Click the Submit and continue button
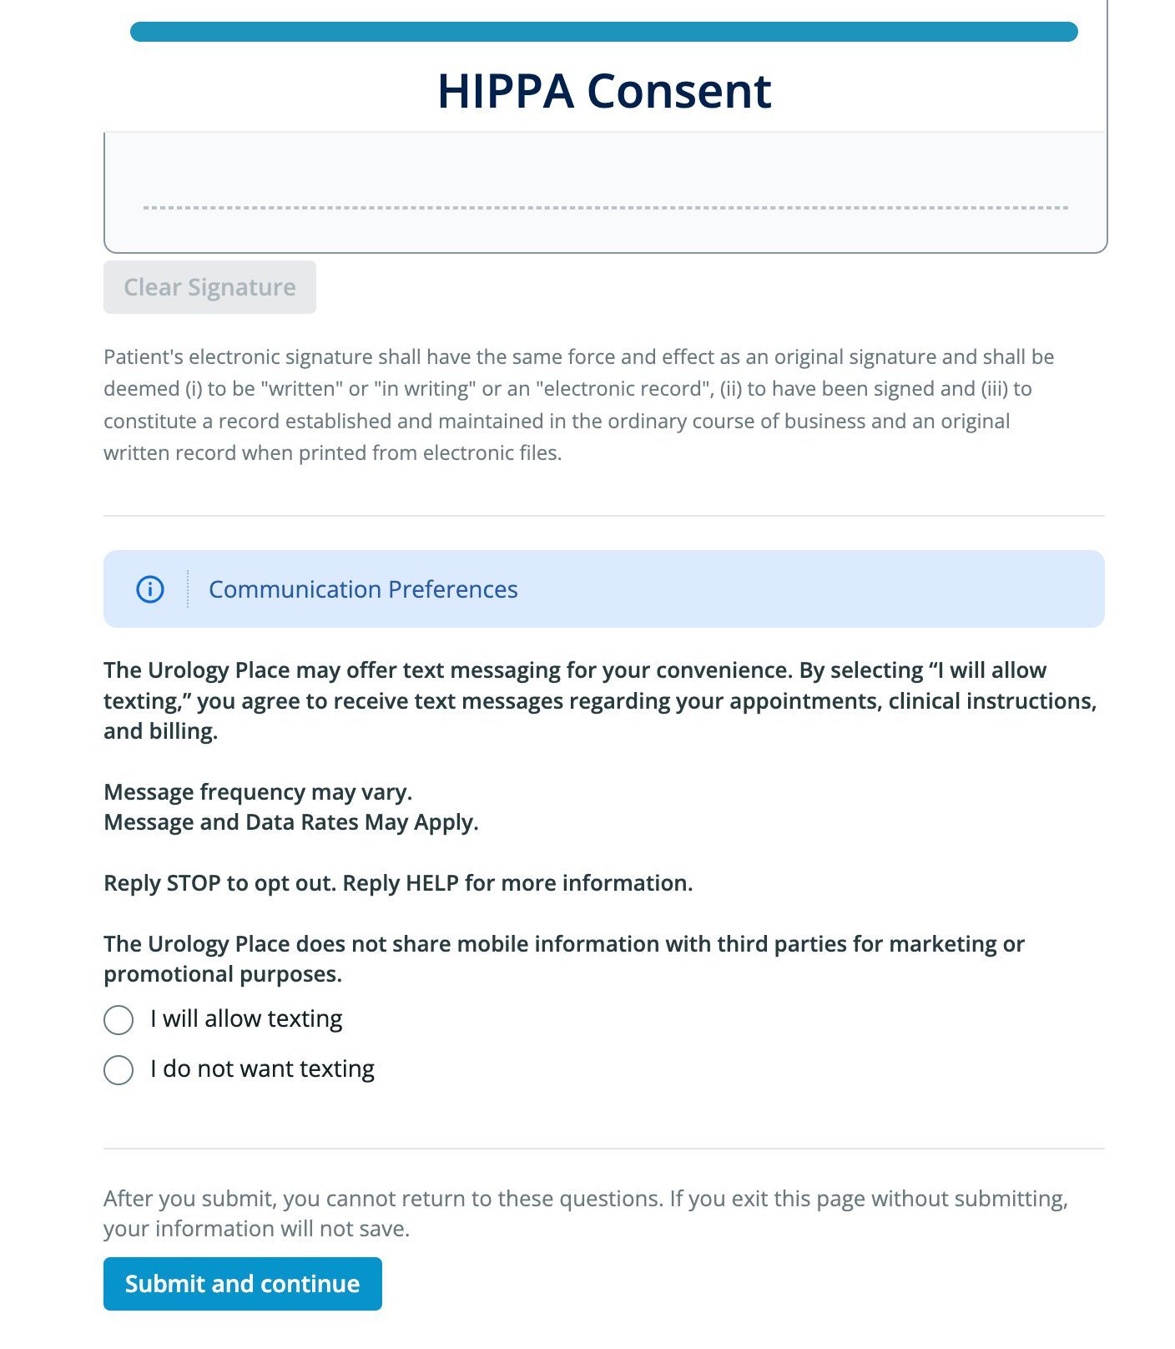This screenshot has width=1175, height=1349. point(242,1283)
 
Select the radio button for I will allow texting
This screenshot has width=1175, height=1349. point(119,1019)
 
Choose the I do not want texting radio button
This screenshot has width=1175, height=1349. point(119,1069)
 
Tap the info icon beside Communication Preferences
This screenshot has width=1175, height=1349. point(150,589)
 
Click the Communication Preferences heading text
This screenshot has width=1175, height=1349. point(363,589)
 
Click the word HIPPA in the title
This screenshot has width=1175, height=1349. point(506,91)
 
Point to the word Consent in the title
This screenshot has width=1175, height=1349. point(679,91)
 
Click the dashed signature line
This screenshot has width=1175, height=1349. point(605,208)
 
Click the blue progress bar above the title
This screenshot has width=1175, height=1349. point(603,32)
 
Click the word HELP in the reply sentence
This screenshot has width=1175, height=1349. point(432,883)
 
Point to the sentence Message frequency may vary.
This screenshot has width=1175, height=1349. point(258,791)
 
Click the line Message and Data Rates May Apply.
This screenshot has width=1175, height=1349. point(290,822)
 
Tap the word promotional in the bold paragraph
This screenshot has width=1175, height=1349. point(169,974)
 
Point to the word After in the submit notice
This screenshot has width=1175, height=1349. point(128,1199)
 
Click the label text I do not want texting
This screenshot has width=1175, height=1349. point(262,1069)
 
